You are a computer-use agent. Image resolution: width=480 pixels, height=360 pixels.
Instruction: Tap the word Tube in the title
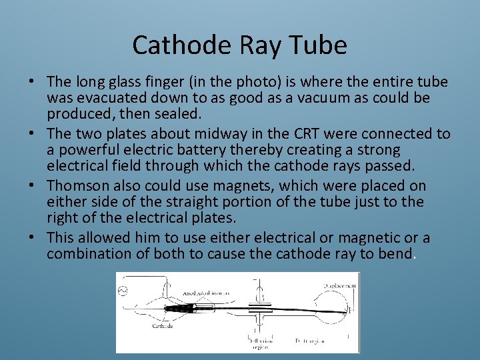[x=321, y=45]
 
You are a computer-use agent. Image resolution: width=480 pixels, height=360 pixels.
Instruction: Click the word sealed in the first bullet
[x=179, y=113]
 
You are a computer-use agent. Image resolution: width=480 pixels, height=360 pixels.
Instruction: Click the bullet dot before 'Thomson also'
[x=31, y=185]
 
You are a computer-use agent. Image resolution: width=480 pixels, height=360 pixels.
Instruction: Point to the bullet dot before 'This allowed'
[x=31, y=238]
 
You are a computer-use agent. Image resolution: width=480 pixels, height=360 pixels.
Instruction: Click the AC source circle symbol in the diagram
[x=122, y=291]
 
